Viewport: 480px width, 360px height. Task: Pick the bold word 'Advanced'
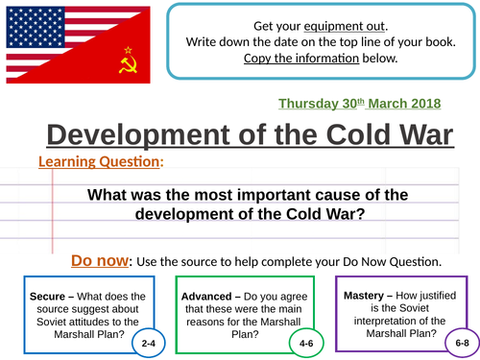point(207,297)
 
